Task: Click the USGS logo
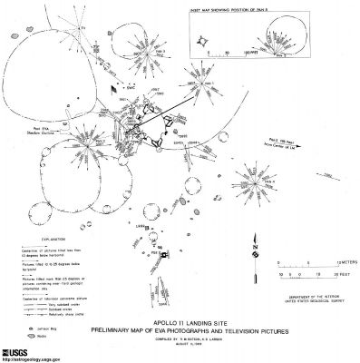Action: click(x=20, y=348)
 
